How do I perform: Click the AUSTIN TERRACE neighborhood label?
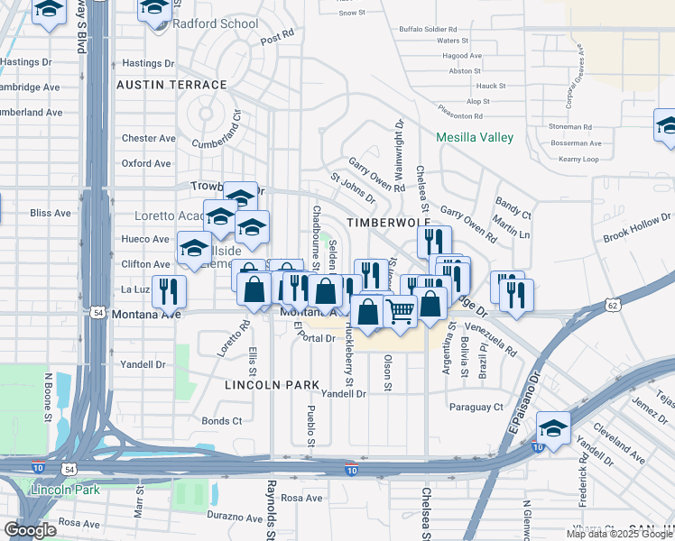coord(171,85)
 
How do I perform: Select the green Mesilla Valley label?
coord(475,137)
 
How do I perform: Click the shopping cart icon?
coord(400,311)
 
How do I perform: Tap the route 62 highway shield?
coord(614,307)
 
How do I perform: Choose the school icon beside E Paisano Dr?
coord(553,428)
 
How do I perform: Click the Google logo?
coord(31,530)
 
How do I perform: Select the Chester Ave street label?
coord(148,138)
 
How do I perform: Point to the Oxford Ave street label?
coord(146,163)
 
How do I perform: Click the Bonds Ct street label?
coord(222,420)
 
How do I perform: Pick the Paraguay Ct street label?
coord(476,407)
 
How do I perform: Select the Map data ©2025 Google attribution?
coord(620,534)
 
